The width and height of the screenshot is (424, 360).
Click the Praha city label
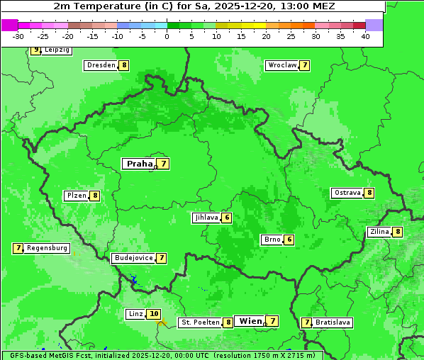(139, 164)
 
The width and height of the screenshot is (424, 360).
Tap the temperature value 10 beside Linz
(154, 314)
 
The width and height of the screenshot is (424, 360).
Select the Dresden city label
(101, 65)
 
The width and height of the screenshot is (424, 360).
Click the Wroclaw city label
(281, 65)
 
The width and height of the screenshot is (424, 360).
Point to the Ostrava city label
(347, 193)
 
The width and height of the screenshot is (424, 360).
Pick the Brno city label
(272, 240)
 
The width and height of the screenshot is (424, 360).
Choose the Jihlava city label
(206, 218)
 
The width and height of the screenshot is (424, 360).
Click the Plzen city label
(76, 196)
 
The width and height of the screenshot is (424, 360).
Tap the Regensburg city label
(48, 248)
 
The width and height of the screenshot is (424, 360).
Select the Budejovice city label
(133, 258)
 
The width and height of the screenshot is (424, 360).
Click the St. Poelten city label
(199, 322)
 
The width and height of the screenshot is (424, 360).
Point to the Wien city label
(250, 321)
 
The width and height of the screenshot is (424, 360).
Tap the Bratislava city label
(333, 322)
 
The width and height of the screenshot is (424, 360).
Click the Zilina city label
(379, 232)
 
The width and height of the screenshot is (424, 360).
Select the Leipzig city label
(57, 50)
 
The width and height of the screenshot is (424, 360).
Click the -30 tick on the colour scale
(18, 36)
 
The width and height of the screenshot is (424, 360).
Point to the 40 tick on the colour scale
(365, 36)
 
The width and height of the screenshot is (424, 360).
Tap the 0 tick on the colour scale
(167, 36)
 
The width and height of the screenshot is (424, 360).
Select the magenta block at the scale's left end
(10, 25)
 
